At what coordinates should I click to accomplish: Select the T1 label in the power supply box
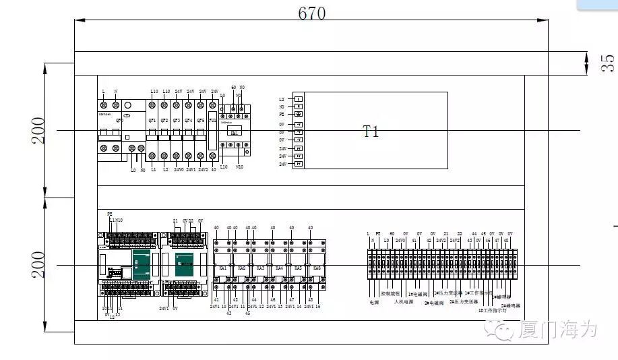tap(371, 131)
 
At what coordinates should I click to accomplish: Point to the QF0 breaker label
tap(120, 121)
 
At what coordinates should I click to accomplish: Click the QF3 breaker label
tap(177, 121)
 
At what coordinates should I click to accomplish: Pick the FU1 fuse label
tap(213, 121)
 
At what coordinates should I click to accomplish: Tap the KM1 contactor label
tap(235, 133)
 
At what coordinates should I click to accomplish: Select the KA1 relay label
tap(223, 268)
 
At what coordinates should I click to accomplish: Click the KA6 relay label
tap(317, 268)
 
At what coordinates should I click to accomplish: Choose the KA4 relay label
tap(279, 268)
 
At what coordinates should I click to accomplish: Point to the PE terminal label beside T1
tap(282, 115)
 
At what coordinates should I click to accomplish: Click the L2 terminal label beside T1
tap(282, 100)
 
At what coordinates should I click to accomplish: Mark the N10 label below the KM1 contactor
tap(239, 167)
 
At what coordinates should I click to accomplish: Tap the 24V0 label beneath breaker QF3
tap(179, 170)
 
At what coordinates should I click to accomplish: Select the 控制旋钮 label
tap(390, 295)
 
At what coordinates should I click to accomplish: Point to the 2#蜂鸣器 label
tap(510, 305)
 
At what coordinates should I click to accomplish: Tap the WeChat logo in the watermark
tap(503, 329)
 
